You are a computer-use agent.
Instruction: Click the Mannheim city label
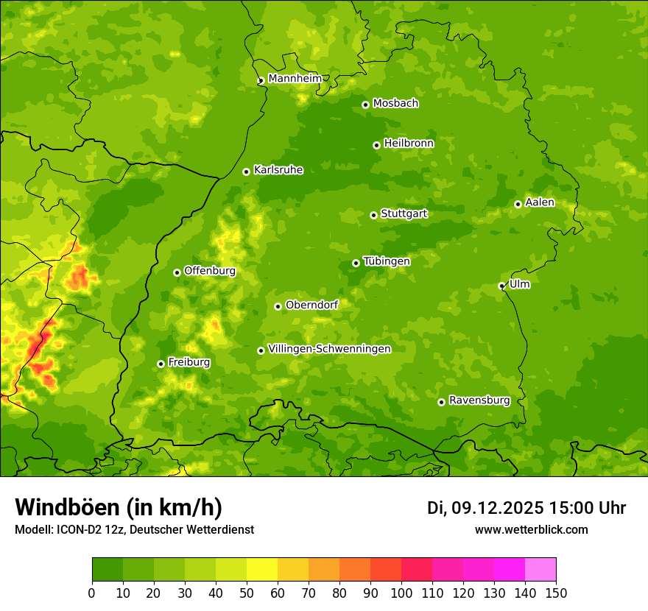[x=295, y=78]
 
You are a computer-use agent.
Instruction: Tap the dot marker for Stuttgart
[x=373, y=215]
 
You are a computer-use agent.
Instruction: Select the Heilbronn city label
[x=409, y=143]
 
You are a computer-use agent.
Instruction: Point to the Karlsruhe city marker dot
[x=246, y=172]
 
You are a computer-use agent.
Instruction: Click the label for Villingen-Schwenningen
[x=329, y=348]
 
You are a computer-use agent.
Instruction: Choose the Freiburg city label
[x=189, y=361]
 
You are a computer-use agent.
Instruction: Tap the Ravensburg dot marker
[x=441, y=402]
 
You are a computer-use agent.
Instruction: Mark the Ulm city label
[x=519, y=283]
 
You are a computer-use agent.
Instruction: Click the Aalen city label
[x=540, y=202]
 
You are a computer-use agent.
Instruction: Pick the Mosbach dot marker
[x=365, y=105]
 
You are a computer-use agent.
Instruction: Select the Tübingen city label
[x=387, y=261]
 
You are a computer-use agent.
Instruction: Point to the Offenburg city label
[x=210, y=270]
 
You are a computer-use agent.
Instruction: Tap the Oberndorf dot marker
[x=278, y=306]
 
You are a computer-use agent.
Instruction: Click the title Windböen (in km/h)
[x=118, y=507]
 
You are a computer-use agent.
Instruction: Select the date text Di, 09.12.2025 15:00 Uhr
[x=526, y=508]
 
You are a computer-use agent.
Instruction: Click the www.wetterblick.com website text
[x=531, y=529]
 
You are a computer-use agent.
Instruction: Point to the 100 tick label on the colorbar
[x=401, y=593]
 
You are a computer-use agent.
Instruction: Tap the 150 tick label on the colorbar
[x=556, y=593]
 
